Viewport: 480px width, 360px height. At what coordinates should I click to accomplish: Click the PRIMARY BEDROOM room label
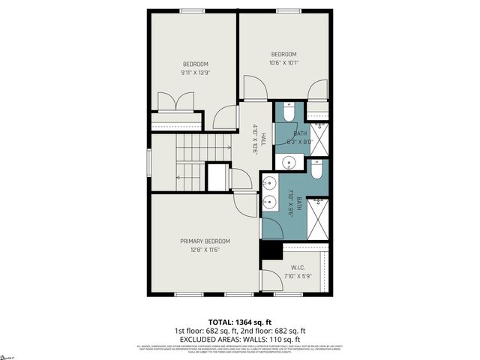[205, 241]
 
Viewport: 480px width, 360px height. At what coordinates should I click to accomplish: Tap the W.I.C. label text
[297, 268]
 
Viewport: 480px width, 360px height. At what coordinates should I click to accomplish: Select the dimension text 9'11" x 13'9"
[194, 73]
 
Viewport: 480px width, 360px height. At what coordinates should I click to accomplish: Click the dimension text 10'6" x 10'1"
[283, 63]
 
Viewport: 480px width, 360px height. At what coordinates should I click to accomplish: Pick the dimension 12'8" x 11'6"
[205, 250]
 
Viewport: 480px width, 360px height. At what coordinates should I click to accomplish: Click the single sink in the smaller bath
[288, 162]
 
